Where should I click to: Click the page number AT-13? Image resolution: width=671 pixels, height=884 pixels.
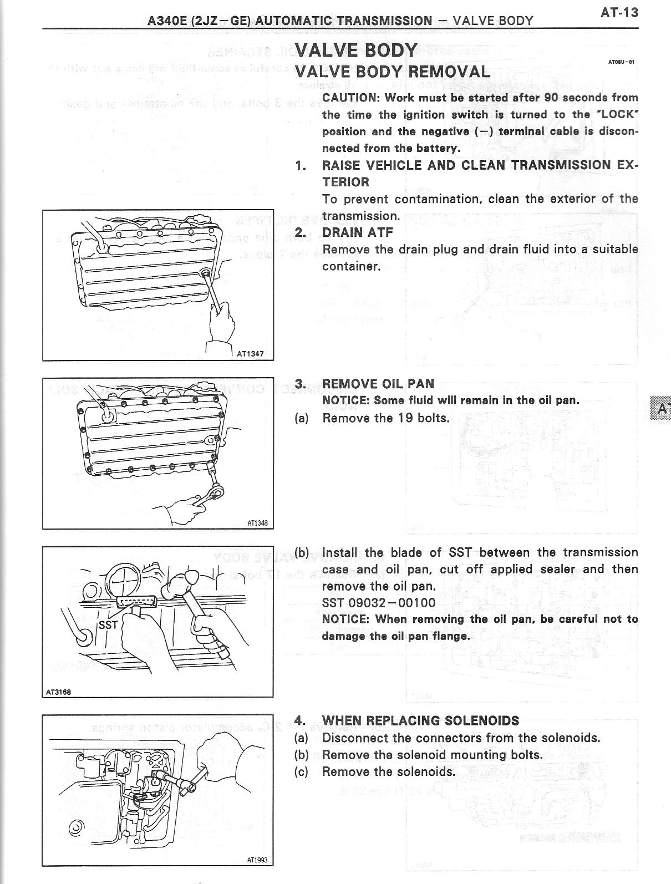[x=619, y=12]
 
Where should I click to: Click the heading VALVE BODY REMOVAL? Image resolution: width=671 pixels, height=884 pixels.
[x=392, y=72]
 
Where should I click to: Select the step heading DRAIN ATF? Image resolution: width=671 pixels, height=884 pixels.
[x=357, y=232]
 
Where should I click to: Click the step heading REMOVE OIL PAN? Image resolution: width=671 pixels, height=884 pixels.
[x=378, y=384]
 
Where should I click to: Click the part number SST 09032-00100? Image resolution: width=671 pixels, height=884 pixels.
[x=379, y=603]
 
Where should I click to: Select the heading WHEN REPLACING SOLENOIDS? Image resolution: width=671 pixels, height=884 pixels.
[x=420, y=720]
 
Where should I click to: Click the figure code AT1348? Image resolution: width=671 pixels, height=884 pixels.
[x=257, y=522]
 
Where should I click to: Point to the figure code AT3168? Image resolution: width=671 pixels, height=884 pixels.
[x=58, y=692]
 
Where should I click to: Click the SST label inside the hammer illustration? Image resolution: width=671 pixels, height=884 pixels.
[x=108, y=625]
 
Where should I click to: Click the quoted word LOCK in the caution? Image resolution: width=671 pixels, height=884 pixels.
[x=618, y=115]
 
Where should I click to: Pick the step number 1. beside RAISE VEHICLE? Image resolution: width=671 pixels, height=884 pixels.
[x=300, y=165]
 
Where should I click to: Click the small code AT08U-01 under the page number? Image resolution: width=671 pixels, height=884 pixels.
[x=621, y=62]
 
